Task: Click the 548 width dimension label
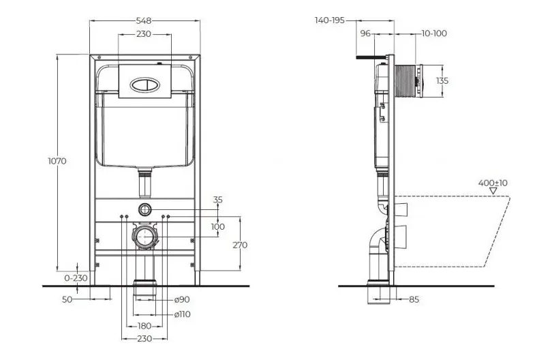[x=144, y=20]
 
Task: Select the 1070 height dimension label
[x=57, y=161]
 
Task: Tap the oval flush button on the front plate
[x=145, y=85]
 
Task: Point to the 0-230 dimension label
[x=76, y=278]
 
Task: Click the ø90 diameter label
[x=182, y=299]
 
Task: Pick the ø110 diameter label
[x=183, y=314]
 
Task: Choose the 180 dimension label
[x=144, y=326]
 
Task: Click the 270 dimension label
[x=240, y=245]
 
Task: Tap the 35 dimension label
[x=218, y=200]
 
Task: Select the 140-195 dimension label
[x=330, y=20]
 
